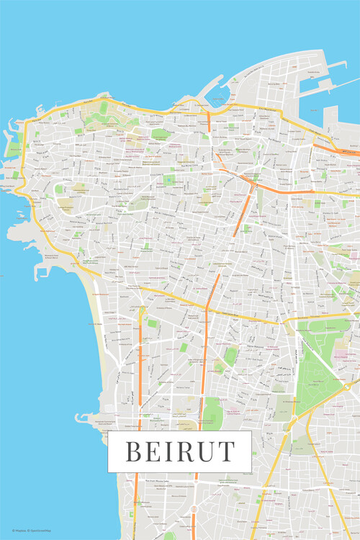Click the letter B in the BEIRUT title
(133, 451)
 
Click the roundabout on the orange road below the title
(193, 509)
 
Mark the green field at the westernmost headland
(14, 148)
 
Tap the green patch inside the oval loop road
(59, 189)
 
